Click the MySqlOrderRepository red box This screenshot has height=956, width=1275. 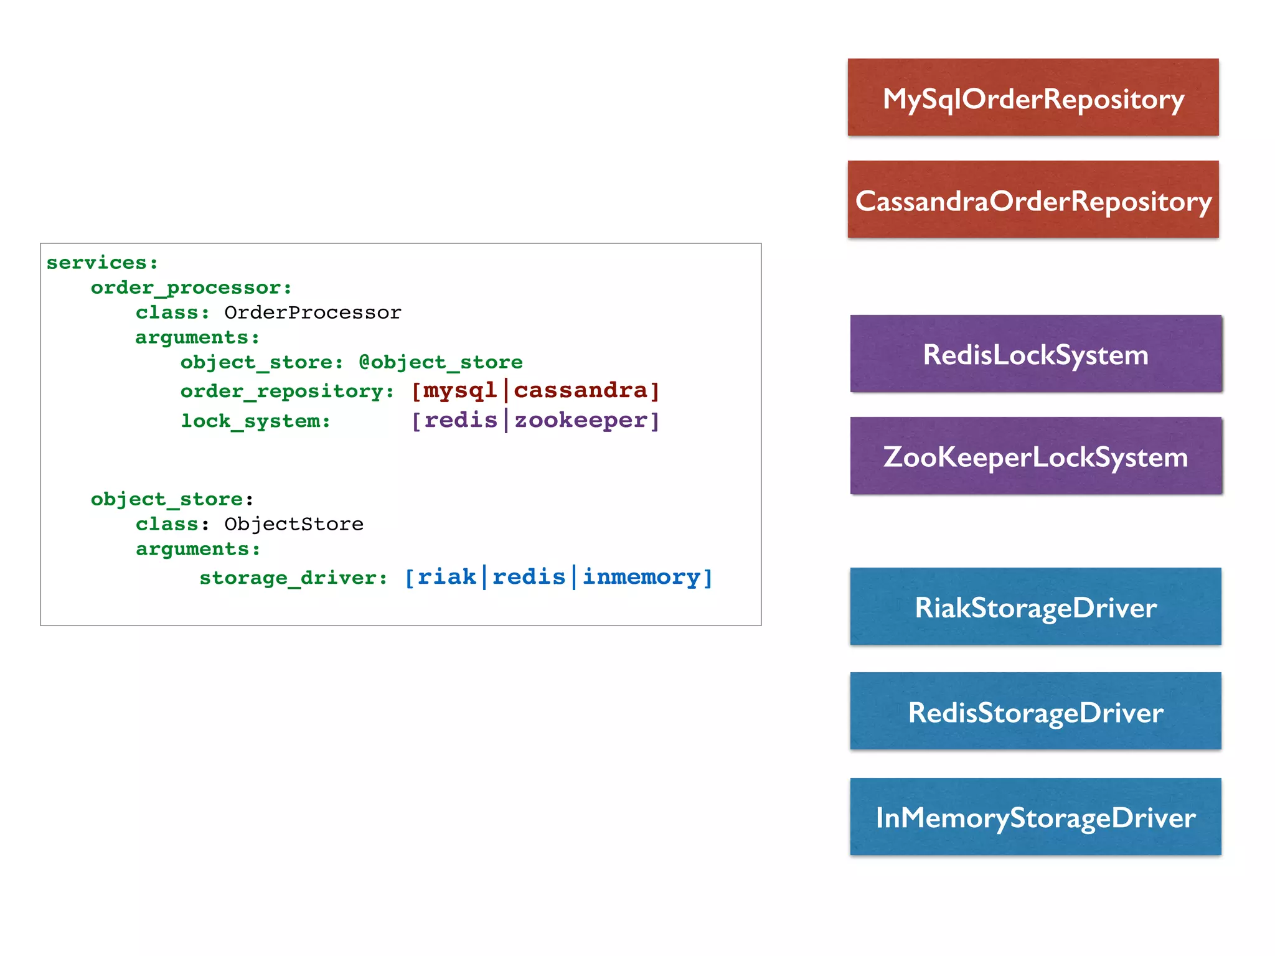pyautogui.click(x=1033, y=98)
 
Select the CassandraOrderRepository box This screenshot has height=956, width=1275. pyautogui.click(x=1033, y=200)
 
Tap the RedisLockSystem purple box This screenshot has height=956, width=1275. pyautogui.click(x=1035, y=354)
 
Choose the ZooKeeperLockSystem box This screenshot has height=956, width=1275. pyautogui.click(x=1035, y=456)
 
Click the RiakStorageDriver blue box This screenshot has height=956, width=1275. pyautogui.click(x=1035, y=607)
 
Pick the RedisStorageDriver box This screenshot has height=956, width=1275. pyautogui.click(x=1035, y=711)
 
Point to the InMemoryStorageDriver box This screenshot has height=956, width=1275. pyautogui.click(x=1035, y=817)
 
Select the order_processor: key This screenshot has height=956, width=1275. pyautogui.click(x=191, y=288)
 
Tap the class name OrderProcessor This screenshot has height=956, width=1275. pyautogui.click(x=313, y=312)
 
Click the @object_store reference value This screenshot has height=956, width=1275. pyautogui.click(x=441, y=362)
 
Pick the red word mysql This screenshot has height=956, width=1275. pyautogui.click(x=459, y=390)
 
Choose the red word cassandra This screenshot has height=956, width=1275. pyautogui.click(x=581, y=390)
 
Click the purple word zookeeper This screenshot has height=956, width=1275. pyautogui.click(x=581, y=420)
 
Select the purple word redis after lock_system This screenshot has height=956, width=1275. pyautogui.click(x=461, y=420)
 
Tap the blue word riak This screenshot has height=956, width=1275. pyautogui.click(x=446, y=577)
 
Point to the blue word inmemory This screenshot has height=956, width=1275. pyautogui.click(x=641, y=577)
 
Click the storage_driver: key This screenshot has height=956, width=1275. pyautogui.click(x=293, y=578)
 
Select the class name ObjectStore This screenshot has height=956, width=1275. pyautogui.click(x=294, y=524)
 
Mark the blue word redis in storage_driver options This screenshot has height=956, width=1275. pyautogui.click(x=529, y=577)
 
